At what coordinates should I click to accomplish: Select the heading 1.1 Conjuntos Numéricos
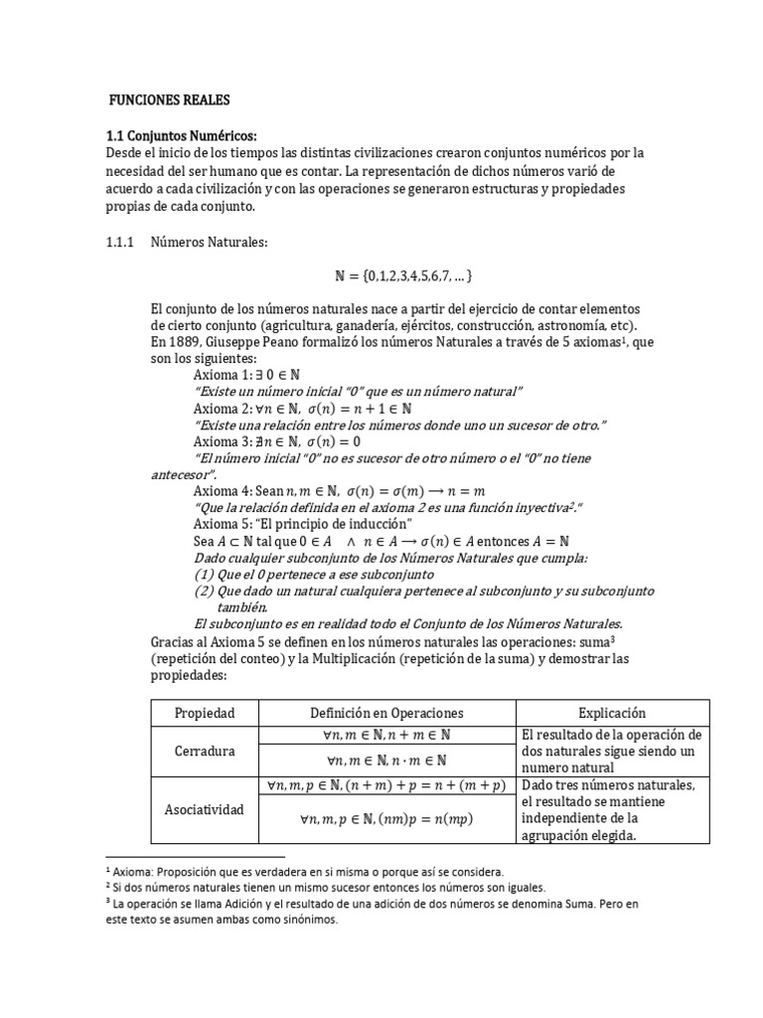(181, 136)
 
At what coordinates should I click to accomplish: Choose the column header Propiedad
(205, 713)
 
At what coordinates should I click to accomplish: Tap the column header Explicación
(612, 713)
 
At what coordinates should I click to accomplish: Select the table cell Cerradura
(205, 751)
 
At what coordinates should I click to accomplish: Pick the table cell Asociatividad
(205, 809)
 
